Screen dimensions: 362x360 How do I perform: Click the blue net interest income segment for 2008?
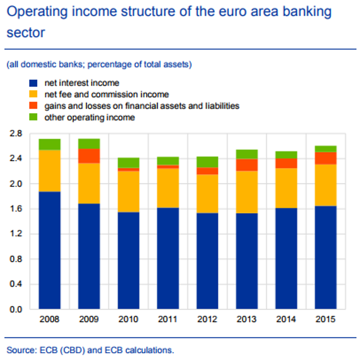50,250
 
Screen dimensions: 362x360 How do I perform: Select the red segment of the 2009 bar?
89,156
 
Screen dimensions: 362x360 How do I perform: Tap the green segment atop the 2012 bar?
207,162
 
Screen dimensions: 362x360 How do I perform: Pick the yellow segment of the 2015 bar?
325,185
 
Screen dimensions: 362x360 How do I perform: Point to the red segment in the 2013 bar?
247,165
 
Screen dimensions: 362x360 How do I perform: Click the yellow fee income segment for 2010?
128,191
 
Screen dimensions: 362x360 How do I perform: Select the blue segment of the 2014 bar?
286,258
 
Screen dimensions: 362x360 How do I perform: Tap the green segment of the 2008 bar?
50,144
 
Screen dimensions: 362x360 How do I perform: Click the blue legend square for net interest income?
33,83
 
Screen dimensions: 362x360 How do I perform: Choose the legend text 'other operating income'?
89,117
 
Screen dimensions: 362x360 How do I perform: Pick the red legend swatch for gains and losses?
33,106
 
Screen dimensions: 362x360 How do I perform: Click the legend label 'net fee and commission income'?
106,94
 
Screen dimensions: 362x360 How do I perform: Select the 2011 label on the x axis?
168,319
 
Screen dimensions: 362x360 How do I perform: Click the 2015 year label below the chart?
325,319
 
